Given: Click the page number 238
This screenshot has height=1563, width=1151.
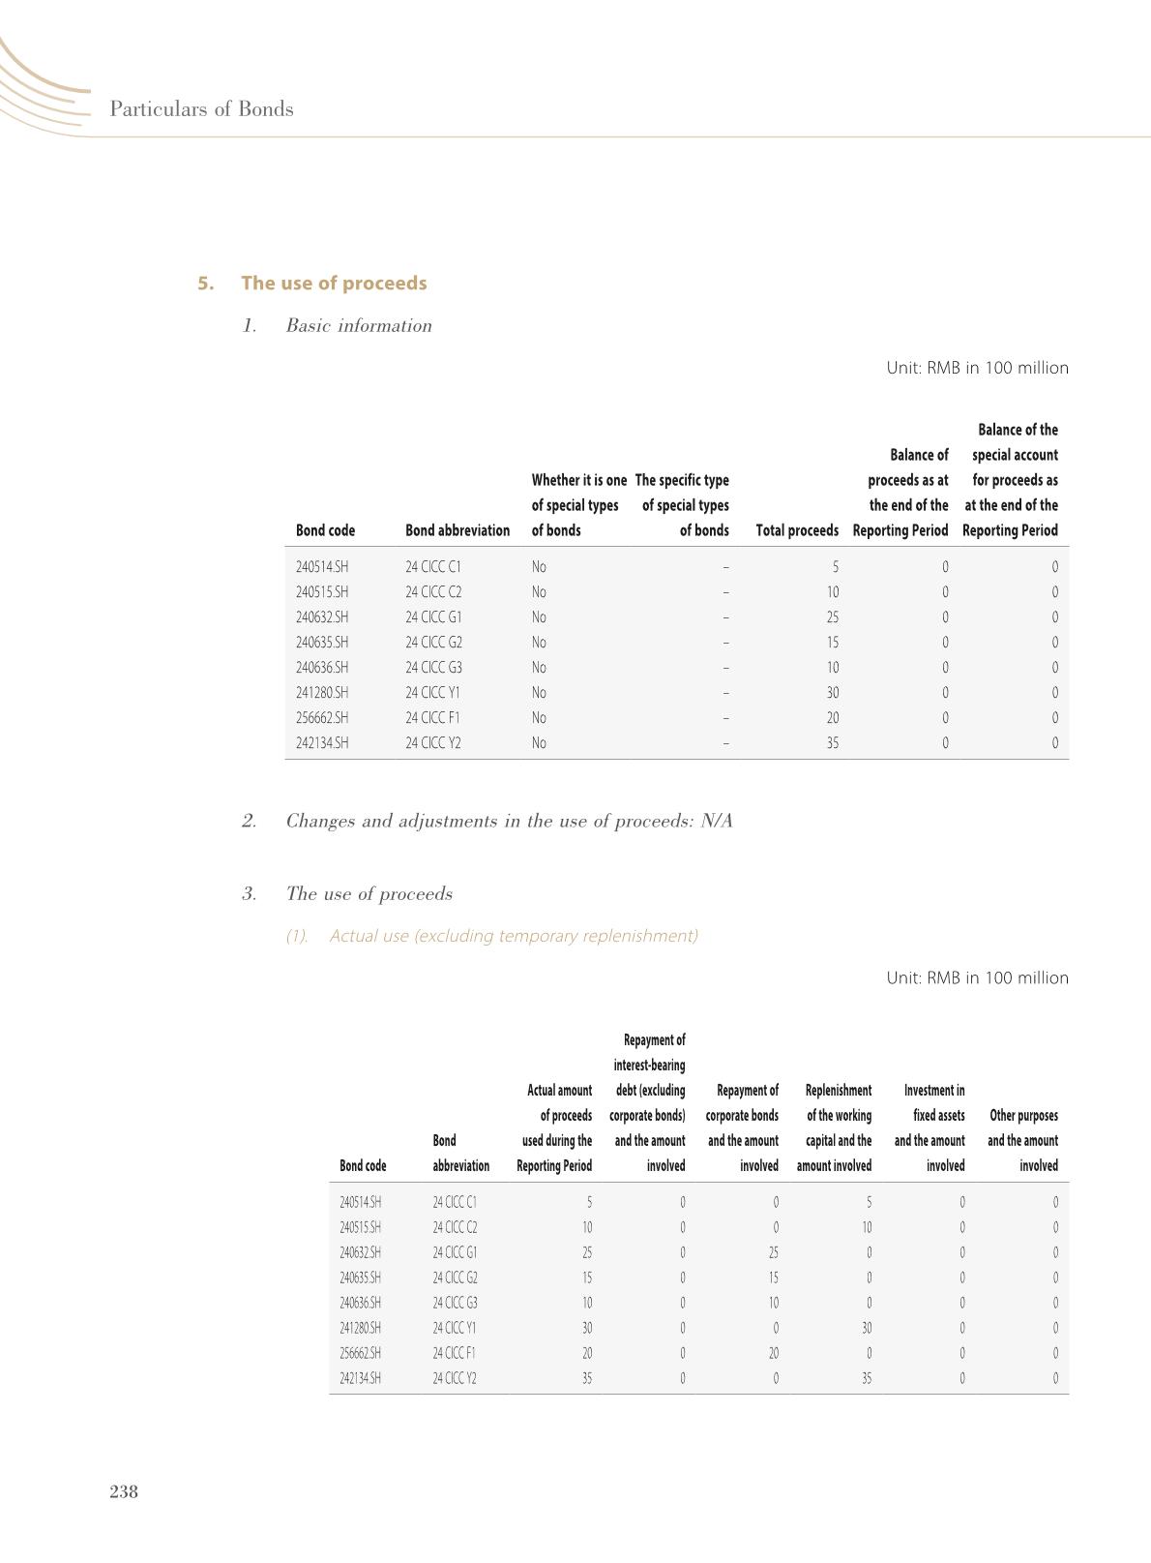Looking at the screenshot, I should (x=124, y=1491).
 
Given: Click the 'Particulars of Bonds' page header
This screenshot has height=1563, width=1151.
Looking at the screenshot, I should (x=201, y=108).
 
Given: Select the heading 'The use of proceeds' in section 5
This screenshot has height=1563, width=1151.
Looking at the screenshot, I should (x=334, y=283).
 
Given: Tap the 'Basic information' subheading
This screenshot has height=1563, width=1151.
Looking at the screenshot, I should (x=359, y=325).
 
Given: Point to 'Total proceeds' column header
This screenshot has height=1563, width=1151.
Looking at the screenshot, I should (x=796, y=530).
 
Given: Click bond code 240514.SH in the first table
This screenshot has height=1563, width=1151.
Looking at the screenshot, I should (x=322, y=567).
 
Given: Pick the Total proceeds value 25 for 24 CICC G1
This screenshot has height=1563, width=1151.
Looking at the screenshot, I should (x=832, y=617).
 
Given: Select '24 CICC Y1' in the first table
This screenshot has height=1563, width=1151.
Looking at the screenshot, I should (x=433, y=693).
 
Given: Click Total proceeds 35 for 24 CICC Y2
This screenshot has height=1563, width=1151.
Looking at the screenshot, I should (x=832, y=743).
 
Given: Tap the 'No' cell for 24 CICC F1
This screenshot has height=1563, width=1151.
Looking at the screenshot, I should (x=539, y=718).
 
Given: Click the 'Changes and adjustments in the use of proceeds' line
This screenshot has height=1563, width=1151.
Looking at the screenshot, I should (x=509, y=821).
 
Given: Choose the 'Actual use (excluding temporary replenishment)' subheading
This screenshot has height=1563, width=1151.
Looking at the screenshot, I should (x=513, y=936).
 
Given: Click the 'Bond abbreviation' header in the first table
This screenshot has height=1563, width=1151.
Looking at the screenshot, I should (x=457, y=530).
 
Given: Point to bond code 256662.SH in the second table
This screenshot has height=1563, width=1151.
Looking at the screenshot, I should (x=361, y=1353).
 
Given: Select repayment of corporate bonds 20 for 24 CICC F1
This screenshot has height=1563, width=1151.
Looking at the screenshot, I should (x=773, y=1353).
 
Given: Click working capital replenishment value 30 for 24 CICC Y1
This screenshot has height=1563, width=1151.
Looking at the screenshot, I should (x=866, y=1328).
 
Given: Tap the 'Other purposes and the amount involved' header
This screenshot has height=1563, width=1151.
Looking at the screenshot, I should (x=1022, y=1140).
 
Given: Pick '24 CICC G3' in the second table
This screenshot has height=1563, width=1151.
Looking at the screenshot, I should (x=455, y=1303).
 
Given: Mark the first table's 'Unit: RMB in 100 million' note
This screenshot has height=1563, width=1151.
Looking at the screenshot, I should (x=977, y=368).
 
